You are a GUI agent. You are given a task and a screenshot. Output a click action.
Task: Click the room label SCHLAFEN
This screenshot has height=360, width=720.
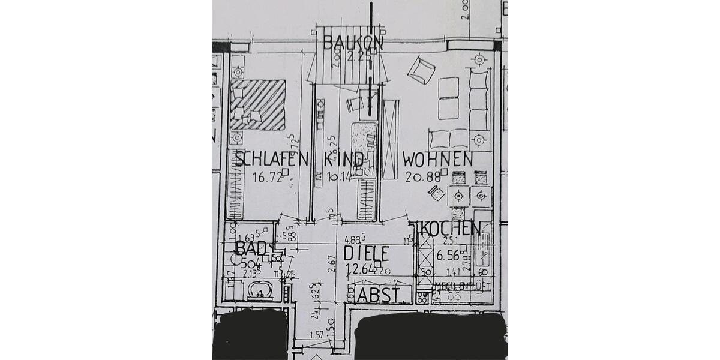tap(271, 159)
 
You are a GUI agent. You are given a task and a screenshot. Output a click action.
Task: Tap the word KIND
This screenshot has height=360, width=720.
tap(343, 159)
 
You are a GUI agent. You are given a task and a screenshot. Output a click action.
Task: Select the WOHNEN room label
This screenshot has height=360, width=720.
tap(437, 159)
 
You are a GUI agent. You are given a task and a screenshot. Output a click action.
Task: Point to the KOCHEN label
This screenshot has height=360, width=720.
tap(451, 228)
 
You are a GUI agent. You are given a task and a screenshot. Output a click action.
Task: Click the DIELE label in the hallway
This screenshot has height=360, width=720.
tap(367, 253)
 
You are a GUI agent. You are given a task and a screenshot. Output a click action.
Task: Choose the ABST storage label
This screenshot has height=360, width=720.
tap(378, 295)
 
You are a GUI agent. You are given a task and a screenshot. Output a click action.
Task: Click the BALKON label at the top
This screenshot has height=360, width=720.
tap(353, 43)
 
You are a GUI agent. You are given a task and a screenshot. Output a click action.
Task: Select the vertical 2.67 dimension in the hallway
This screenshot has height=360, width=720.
tap(331, 265)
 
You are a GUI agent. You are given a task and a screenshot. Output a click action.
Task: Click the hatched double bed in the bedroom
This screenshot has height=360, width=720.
tap(258, 105)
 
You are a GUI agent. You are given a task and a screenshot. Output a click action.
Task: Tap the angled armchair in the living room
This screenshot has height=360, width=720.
tap(420, 70)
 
